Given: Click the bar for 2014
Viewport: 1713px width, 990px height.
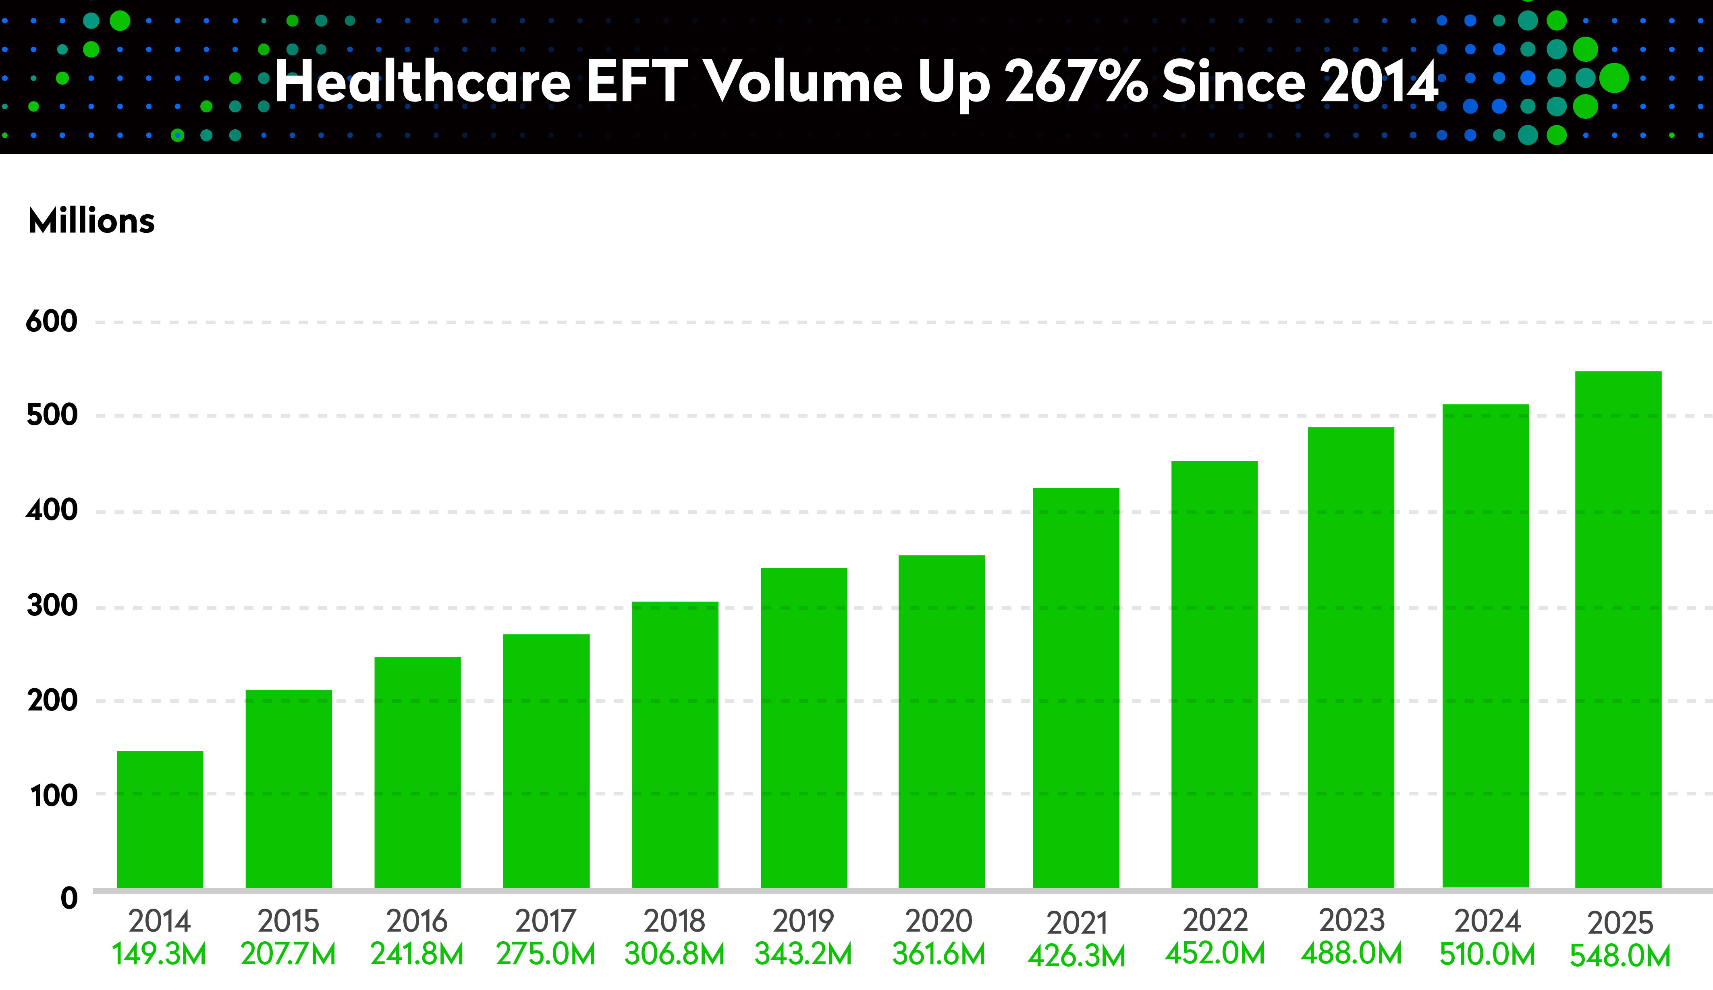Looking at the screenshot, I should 160,819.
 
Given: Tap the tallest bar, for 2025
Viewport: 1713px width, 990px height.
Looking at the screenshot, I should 1618,629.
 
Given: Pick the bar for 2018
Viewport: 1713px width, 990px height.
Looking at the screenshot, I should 675,744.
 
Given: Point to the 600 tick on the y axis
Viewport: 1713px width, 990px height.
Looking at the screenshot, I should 52,321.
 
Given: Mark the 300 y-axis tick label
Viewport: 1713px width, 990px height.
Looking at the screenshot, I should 52,605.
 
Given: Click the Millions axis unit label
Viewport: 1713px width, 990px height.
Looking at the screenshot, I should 92,221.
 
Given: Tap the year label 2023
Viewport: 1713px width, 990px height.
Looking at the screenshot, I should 1352,921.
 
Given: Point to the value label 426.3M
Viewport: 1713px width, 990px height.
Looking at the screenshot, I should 1076,956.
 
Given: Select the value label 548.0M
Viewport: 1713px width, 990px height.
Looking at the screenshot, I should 1620,956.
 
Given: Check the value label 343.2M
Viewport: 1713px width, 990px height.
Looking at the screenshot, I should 804,954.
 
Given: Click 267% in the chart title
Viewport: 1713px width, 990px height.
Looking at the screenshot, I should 1076,81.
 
